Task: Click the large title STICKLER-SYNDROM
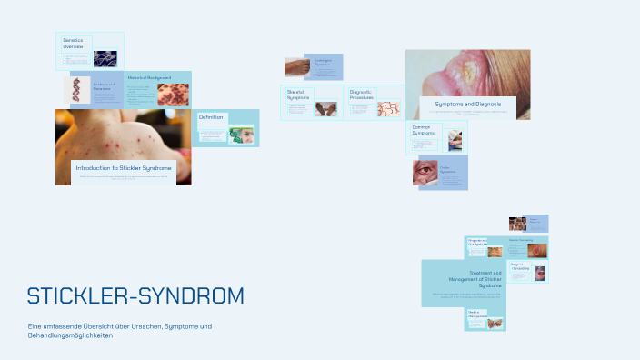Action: pos(135,296)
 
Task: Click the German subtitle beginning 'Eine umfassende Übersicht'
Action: pos(120,331)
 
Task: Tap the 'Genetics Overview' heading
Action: pos(74,44)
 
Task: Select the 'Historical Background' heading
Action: pos(145,78)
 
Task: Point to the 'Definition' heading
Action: pos(211,117)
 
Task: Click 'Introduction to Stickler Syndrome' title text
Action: pos(124,168)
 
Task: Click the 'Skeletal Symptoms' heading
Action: pos(298,95)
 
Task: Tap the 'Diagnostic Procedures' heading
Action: pos(362,95)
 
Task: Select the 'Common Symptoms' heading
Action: pos(422,130)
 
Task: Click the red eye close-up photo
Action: pos(425,173)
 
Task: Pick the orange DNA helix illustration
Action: pos(76,90)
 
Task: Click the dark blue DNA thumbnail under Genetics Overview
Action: pos(105,58)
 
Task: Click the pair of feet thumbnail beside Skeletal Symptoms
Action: pos(325,108)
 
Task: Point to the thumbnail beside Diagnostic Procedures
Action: pos(388,108)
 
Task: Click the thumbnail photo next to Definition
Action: pos(242,135)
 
